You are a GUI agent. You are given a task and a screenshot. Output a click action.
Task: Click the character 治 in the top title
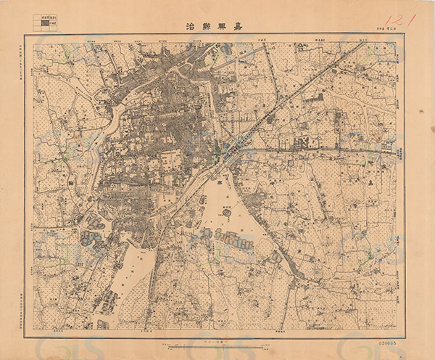click(x=191, y=28)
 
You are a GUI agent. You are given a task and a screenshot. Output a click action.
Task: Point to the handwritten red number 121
click(x=399, y=20)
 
